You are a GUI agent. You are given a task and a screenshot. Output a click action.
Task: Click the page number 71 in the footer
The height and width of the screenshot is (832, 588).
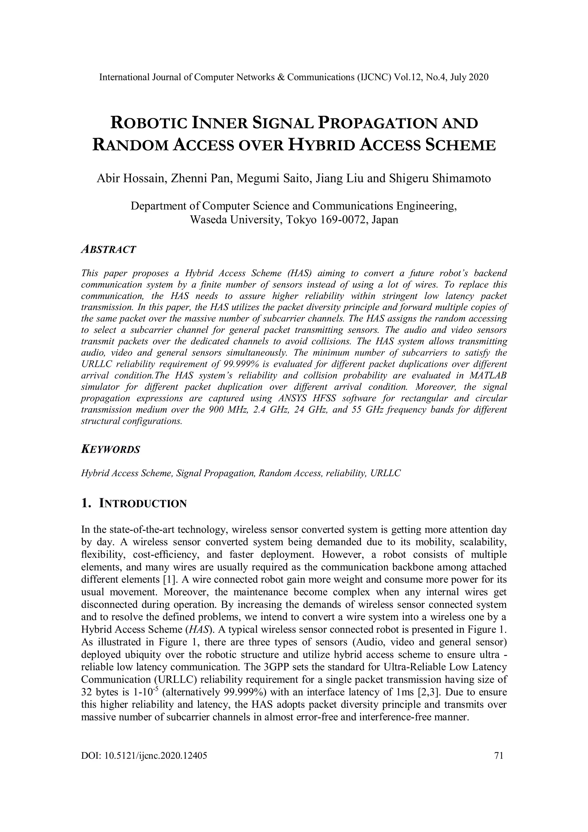tap(499, 756)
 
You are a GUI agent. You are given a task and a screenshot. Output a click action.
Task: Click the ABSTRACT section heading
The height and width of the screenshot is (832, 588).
tap(108, 249)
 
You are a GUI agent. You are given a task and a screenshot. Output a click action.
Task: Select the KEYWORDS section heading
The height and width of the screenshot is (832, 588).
tap(111, 450)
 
